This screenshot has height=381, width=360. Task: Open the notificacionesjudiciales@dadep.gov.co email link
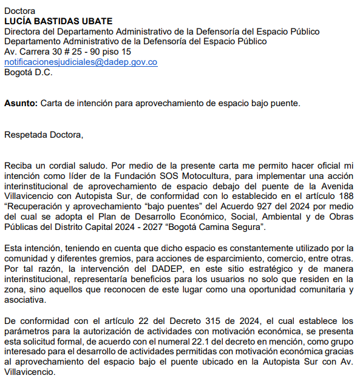pyautogui.click(x=81, y=62)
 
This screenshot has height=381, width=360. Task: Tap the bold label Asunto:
pyautogui.click(x=21, y=103)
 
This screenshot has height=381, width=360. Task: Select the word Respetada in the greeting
pyautogui.click(x=25, y=134)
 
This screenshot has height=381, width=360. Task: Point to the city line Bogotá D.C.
pyautogui.click(x=29, y=72)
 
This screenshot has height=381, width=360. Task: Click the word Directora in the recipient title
pyautogui.click(x=23, y=32)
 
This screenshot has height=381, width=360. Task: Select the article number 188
pyautogui.click(x=345, y=196)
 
